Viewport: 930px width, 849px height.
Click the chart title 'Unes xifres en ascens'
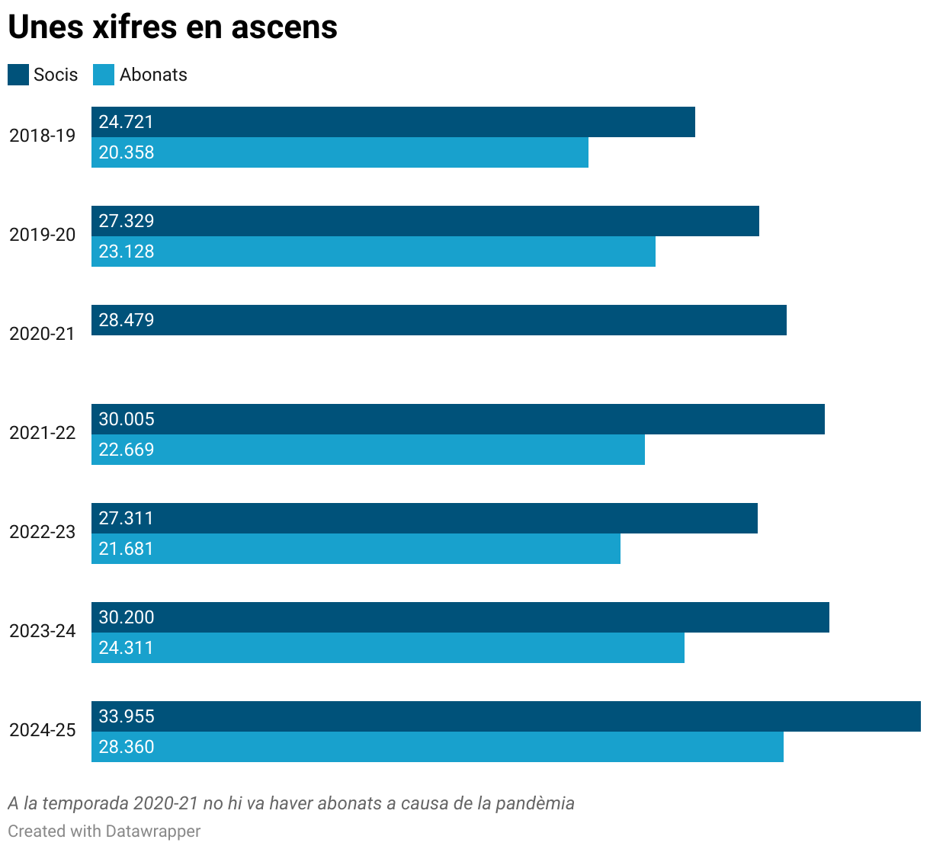tap(172, 27)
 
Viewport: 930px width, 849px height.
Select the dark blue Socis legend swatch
tap(18, 75)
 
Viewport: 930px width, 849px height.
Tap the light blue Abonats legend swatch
tap(104, 75)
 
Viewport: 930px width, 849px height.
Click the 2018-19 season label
tap(43, 136)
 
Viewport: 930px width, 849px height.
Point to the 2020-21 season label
tap(43, 334)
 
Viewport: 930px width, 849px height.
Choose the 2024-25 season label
tap(43, 730)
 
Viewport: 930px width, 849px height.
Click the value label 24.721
tap(127, 122)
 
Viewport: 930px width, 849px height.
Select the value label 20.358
tap(127, 152)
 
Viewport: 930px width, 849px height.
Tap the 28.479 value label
tap(127, 320)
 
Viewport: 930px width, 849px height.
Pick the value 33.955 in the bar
tap(127, 716)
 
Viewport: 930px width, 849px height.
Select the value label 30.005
tap(127, 419)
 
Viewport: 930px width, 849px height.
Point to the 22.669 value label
tap(127, 450)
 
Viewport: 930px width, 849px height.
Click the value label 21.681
tap(127, 549)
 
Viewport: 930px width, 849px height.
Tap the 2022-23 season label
tap(43, 532)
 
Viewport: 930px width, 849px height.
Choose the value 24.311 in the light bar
tap(127, 648)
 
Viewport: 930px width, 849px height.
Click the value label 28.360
tap(127, 747)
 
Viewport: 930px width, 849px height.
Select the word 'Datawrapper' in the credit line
tap(153, 831)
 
